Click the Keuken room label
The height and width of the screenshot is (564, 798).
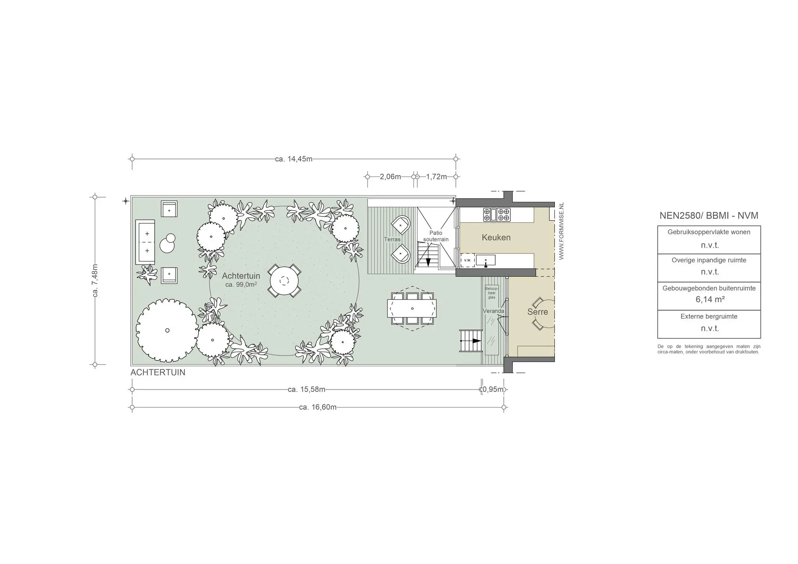click(x=496, y=237)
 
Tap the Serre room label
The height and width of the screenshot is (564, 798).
click(x=538, y=312)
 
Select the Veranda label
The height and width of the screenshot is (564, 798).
click(x=493, y=311)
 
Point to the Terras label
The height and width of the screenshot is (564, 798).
click(x=392, y=239)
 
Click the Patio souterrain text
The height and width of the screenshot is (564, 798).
click(x=436, y=236)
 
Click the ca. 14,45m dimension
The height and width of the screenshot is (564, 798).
click(x=294, y=159)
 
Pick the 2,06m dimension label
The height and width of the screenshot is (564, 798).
click(x=390, y=176)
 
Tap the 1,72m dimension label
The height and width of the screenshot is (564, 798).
click(x=436, y=176)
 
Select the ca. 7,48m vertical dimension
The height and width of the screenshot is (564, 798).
click(x=95, y=280)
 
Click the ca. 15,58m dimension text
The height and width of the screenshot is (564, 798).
click(x=307, y=390)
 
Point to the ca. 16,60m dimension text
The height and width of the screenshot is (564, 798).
click(x=318, y=407)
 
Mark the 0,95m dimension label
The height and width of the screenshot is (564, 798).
click(x=493, y=390)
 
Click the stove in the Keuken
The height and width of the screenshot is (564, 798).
click(x=497, y=215)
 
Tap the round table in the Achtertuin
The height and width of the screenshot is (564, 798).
click(x=284, y=281)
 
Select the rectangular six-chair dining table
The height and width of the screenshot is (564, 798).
click(x=412, y=308)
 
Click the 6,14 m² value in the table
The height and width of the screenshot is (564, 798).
click(x=710, y=300)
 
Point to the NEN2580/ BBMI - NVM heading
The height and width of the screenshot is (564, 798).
click(x=709, y=215)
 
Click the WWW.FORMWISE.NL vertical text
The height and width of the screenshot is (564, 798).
click(x=561, y=231)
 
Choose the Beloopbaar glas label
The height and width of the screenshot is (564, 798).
click(x=492, y=293)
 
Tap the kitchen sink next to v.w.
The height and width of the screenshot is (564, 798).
click(x=486, y=260)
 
